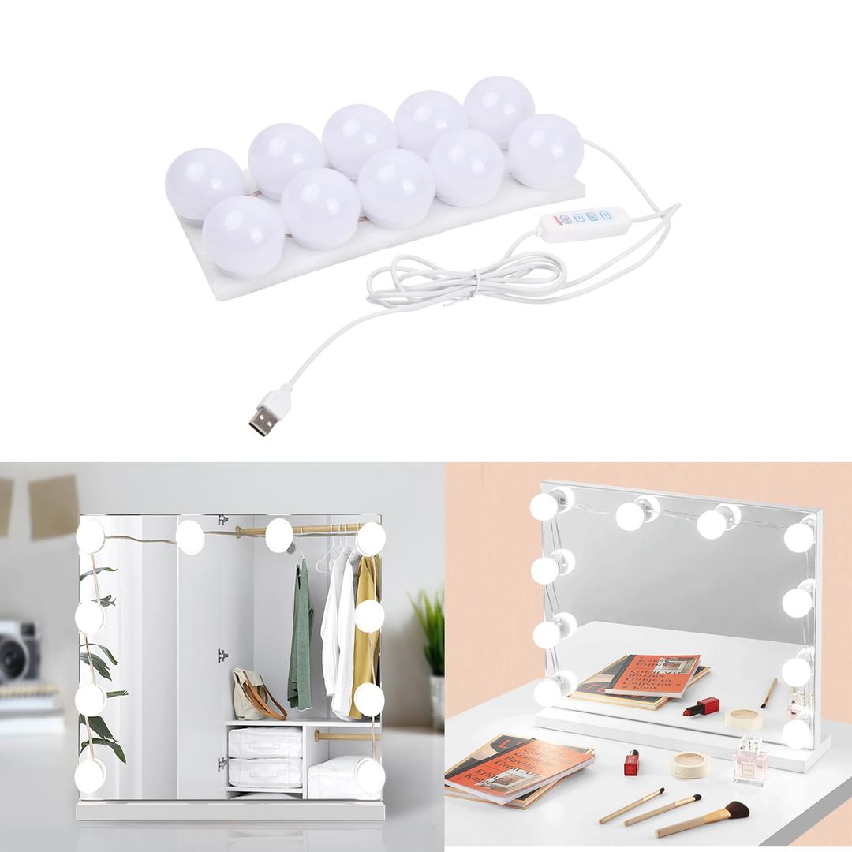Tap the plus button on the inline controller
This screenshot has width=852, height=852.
pos(606,215)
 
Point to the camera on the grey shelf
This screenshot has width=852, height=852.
pos(17,651)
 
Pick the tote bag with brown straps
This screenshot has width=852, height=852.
pos(254,694)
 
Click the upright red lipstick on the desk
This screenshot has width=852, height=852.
pos(631,762)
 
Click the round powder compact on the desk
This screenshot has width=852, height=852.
pos(690,764)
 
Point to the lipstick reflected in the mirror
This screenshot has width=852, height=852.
pos(701,706)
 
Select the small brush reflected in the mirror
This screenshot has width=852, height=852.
pos(768,693)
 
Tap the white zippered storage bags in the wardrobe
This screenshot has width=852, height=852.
pos(264,757)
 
